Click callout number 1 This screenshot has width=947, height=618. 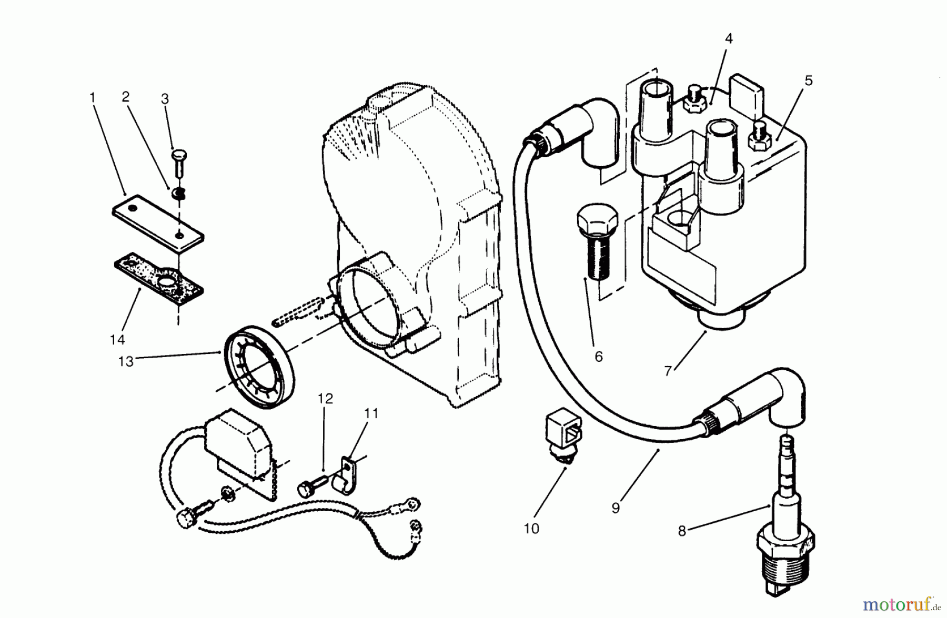[x=93, y=98]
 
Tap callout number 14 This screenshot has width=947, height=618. [x=117, y=340]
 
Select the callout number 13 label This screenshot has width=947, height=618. [x=126, y=361]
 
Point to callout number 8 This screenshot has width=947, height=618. [x=682, y=531]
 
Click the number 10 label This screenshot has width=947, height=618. [x=531, y=529]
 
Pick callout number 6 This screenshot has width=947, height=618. [x=599, y=357]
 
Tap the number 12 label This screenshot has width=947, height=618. [x=325, y=399]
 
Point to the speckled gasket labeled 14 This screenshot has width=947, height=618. [x=158, y=276]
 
